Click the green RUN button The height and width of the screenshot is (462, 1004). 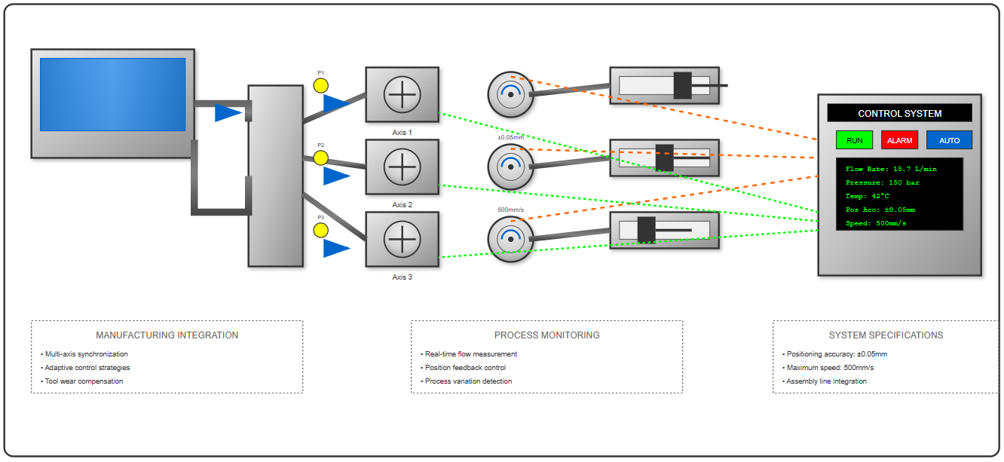point(854,140)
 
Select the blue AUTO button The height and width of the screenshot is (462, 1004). point(949,140)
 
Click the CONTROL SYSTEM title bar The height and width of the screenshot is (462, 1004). point(899,113)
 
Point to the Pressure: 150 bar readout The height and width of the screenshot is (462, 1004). point(882,182)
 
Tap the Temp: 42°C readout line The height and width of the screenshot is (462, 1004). point(867,196)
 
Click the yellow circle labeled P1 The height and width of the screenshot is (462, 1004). point(321,85)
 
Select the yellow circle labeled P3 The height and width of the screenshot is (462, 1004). point(321,230)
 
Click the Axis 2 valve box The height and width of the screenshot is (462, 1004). point(402,167)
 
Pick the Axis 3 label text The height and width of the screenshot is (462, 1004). point(402,277)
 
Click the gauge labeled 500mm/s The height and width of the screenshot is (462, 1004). point(510,239)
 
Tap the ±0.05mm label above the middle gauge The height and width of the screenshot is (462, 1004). point(510,137)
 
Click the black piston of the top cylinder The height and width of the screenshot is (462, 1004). point(682,85)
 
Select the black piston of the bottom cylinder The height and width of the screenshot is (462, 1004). point(646,230)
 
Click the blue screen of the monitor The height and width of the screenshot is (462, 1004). point(112,95)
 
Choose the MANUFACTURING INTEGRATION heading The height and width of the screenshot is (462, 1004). point(167,335)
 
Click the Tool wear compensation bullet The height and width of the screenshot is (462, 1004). point(84,381)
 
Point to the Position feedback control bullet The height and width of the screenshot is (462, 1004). point(465,368)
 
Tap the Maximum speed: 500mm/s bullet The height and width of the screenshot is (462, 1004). point(830,368)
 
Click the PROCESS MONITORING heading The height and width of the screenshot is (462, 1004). point(546,335)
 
